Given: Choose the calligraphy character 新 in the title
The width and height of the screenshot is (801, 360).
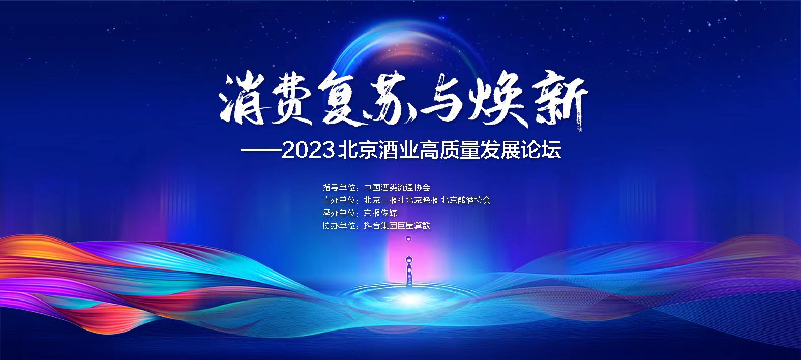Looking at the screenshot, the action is (x=558, y=102).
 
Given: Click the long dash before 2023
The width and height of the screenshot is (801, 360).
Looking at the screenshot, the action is (x=261, y=150).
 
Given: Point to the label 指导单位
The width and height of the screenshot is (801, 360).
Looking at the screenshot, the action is (x=339, y=187).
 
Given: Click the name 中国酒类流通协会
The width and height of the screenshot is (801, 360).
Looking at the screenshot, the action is (x=397, y=187).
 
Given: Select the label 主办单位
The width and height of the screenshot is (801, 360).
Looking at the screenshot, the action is (x=339, y=200).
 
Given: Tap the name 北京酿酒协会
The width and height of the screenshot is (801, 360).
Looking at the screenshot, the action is (x=466, y=200).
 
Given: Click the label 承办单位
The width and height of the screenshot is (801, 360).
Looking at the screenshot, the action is (x=339, y=213).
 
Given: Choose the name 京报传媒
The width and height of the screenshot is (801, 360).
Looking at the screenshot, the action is (x=380, y=213).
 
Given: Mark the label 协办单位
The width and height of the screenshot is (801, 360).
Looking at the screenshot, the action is (x=339, y=226).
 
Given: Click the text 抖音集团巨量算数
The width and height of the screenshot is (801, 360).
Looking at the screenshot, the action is (x=397, y=226).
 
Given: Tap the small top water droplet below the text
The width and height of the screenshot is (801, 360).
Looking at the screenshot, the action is (x=409, y=238).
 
